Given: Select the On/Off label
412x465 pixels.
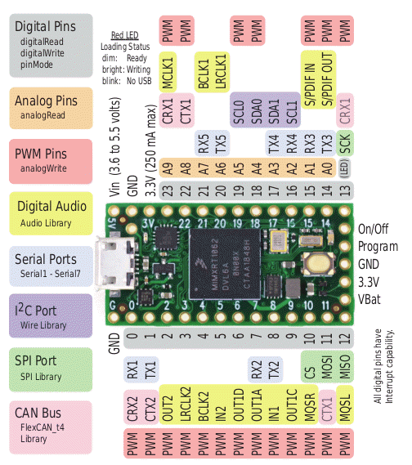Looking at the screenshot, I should pyautogui.click(x=377, y=231).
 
